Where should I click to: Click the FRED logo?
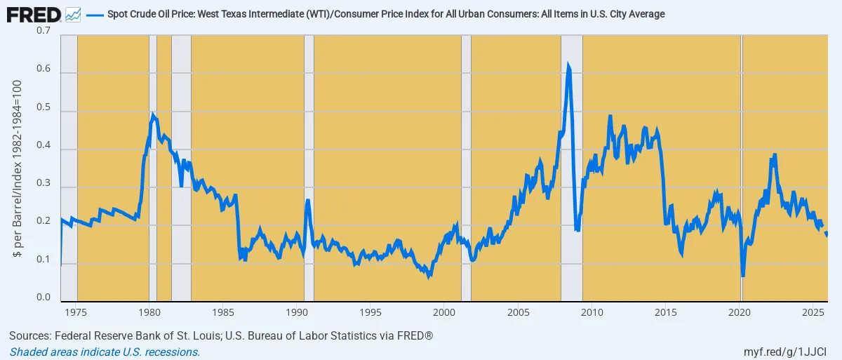pyautogui.click(x=33, y=13)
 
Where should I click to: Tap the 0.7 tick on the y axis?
pyautogui.click(x=44, y=32)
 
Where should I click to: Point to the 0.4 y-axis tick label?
pyautogui.click(x=44, y=149)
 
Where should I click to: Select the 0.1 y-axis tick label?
pyautogui.click(x=44, y=264)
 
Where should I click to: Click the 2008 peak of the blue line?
pyautogui.click(x=568, y=65)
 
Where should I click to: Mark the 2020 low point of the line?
pyautogui.click(x=742, y=275)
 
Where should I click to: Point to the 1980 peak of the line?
pyautogui.click(x=153, y=113)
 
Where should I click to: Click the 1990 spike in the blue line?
pyautogui.click(x=307, y=201)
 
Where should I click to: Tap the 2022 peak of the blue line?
pyautogui.click(x=775, y=154)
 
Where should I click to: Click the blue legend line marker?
pyautogui.click(x=95, y=14)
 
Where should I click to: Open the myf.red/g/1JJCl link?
pyautogui.click(x=786, y=352)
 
